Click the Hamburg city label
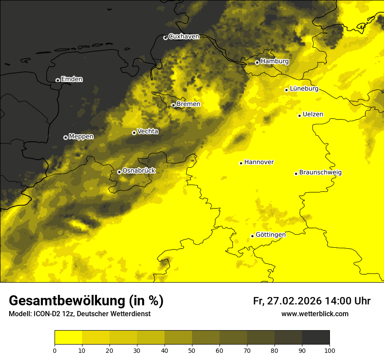[x=274, y=61]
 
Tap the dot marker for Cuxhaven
[x=165, y=38]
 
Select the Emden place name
[x=72, y=79]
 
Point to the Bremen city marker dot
[x=173, y=105]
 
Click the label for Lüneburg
[x=304, y=89]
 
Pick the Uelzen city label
[x=313, y=114]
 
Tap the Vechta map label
[x=147, y=131]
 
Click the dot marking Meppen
[x=65, y=137]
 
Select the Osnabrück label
[x=139, y=171]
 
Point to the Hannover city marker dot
[x=241, y=163]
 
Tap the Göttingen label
[x=271, y=235]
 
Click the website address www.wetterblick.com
[x=315, y=314]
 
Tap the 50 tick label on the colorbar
[x=192, y=350]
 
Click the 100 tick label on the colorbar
[x=329, y=350]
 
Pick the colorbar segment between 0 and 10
[x=68, y=338]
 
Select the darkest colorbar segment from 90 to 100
[x=315, y=338]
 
